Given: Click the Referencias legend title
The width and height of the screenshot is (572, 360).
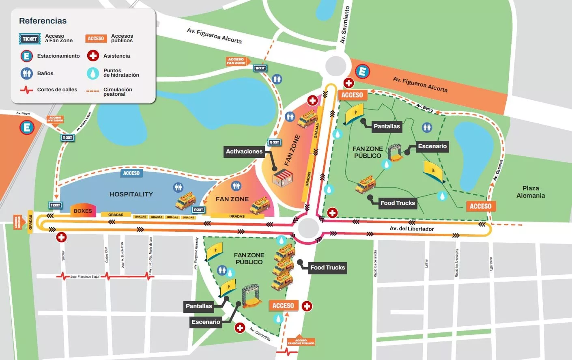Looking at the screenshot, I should pos(43,21).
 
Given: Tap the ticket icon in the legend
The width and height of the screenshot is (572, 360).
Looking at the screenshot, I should pos(30,39).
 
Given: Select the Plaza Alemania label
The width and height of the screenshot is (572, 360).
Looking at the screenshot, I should pos(530,192).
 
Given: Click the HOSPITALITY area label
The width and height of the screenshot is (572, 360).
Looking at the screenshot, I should pos(131,194).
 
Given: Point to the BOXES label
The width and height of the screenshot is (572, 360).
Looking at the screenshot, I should pos(83,211).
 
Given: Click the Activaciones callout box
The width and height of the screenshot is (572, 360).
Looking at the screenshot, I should pos(244,151).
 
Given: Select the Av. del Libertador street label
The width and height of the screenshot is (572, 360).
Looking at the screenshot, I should pos(411,229).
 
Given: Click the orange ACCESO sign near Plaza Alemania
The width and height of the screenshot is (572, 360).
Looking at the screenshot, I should pos(480,206).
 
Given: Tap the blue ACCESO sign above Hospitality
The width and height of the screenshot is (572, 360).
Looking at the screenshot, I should pos(131,173).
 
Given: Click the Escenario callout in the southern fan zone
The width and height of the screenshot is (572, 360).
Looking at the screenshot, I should pos(206,322).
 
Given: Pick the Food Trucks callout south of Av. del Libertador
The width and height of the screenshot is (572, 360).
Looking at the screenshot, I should pos(327,267).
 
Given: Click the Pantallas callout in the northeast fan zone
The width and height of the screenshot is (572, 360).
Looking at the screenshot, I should pos(387,126).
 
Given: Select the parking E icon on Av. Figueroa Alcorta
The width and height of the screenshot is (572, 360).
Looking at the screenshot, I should pos(362,72).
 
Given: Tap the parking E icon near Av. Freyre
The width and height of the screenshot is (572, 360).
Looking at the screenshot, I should pos(27,127).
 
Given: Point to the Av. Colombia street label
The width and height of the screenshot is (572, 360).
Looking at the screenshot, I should pos(260,334).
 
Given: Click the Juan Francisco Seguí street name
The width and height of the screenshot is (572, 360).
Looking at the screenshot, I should pos(84,276).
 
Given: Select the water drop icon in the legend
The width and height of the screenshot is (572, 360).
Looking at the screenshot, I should pos(93,73).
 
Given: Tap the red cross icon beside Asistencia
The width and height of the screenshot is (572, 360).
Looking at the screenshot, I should pos(93,56).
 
